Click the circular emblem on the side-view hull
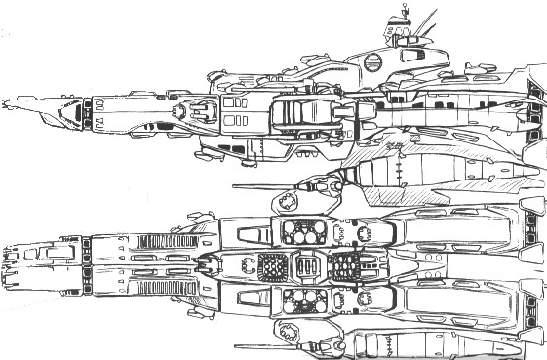pos(371,60)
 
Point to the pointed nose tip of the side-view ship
pos(8,100)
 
